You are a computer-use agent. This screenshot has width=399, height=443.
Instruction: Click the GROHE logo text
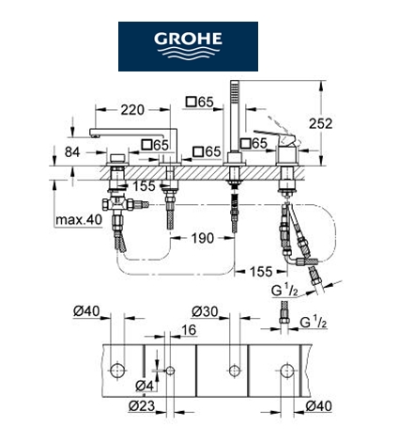pos(188,39)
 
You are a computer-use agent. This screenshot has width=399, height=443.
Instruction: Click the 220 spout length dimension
pos(132,110)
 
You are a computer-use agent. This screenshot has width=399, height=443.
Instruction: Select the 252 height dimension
pos(320,123)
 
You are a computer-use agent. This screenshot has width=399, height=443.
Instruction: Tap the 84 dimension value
pos(72,152)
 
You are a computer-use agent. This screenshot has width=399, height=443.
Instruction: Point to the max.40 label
pos(79,220)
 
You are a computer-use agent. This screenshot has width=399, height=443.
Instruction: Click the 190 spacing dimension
pos(203,238)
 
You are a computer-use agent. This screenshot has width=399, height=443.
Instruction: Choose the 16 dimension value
pos(189,330)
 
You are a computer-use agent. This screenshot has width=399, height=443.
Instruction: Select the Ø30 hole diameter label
pos(205,311)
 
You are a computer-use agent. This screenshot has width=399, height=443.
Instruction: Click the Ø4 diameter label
pos(145,386)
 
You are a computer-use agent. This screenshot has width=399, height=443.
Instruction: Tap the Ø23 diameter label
pos(142,406)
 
